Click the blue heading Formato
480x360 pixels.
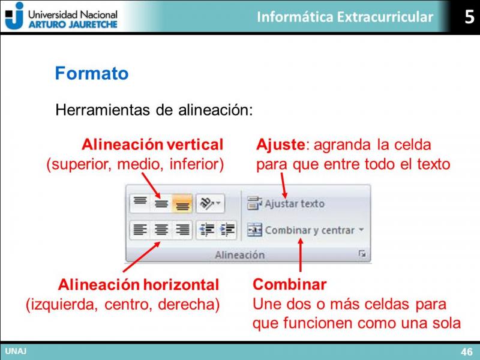92,73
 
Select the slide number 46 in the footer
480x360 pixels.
467,352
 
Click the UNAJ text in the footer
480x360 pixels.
16,351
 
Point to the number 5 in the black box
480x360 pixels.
469,17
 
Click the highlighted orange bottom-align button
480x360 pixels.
182,203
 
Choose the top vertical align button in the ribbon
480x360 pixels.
140,203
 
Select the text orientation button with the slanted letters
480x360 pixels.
210,203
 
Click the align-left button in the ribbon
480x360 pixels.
140,230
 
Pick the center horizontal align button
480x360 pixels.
161,230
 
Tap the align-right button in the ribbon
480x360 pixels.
182,230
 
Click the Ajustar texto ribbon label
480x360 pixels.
295,203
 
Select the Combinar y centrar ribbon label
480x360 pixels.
310,230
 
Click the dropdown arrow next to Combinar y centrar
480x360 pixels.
362,230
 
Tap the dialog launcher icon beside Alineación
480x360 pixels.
362,254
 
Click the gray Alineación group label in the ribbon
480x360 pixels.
239,254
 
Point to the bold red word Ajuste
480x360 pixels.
281,145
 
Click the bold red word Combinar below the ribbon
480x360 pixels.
290,284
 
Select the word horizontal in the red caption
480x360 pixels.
181,284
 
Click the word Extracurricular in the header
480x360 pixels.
385,17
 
